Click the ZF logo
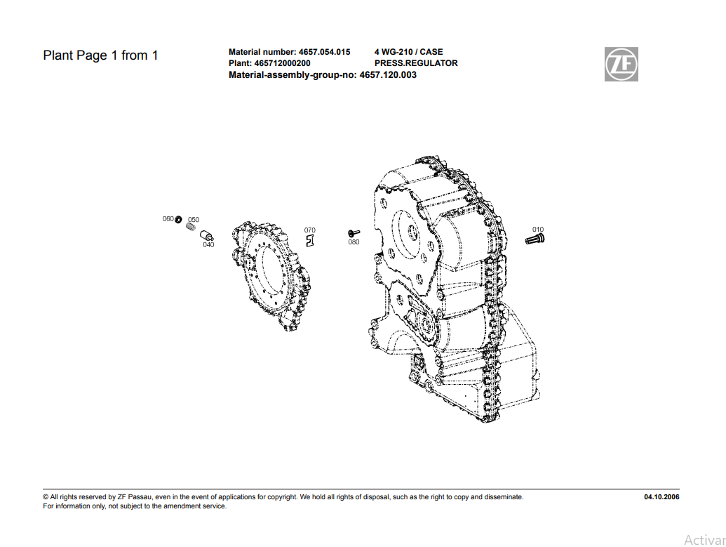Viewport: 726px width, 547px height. (x=621, y=64)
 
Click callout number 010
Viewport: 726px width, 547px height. (x=538, y=230)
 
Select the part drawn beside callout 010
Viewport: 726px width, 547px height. (x=535, y=239)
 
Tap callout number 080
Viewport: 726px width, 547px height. (x=354, y=242)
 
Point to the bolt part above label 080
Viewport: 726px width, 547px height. (x=354, y=233)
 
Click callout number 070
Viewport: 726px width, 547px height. (x=310, y=230)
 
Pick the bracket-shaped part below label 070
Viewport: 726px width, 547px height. (x=310, y=241)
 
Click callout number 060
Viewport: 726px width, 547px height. (x=168, y=219)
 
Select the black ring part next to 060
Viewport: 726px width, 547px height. (x=178, y=219)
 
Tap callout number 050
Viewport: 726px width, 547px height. (x=194, y=220)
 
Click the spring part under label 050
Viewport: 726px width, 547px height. (x=190, y=227)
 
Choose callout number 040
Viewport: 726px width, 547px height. (x=208, y=245)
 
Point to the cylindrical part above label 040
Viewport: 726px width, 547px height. (x=206, y=235)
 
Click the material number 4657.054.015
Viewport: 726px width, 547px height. (x=325, y=52)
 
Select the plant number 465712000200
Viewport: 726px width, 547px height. (x=283, y=63)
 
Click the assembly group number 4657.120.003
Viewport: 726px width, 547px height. (x=388, y=75)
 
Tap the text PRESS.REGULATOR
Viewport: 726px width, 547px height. (x=416, y=63)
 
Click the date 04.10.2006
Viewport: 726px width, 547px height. (x=661, y=497)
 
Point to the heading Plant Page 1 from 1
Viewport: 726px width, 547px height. (x=100, y=55)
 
